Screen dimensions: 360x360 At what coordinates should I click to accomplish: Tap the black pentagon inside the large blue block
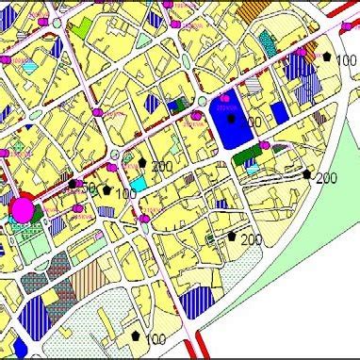coord(231,119)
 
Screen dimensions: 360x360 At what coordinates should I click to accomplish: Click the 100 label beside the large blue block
coord(250,123)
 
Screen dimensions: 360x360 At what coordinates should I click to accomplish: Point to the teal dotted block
coord(268,42)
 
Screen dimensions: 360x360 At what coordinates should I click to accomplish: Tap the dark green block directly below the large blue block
coord(242,155)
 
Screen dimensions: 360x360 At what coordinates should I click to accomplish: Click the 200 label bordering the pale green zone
coord(326,178)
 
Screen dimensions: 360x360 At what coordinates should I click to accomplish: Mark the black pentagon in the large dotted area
coord(137,335)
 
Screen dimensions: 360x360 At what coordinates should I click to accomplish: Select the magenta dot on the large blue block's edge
coord(265,145)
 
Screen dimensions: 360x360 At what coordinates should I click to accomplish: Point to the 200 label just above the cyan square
coord(161,166)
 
